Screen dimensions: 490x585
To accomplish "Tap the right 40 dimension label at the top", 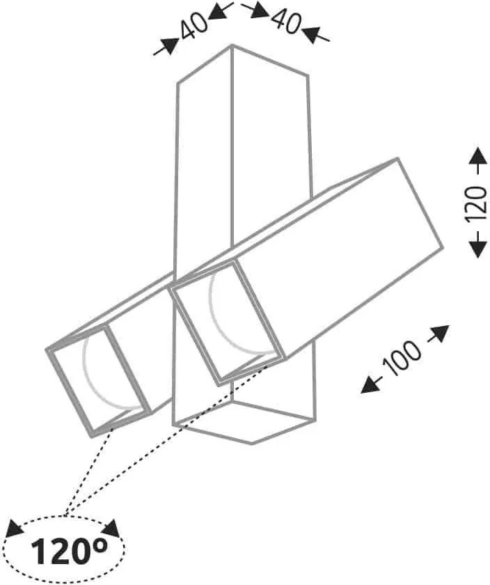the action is [x=285, y=22].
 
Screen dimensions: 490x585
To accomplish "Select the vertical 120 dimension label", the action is [x=477, y=203].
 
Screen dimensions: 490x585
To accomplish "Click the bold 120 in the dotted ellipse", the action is [x=62, y=550].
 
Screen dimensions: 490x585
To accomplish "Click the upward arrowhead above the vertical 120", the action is [x=477, y=156].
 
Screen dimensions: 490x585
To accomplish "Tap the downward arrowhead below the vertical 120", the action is [x=477, y=249].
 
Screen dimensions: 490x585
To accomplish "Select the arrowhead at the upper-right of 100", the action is [x=440, y=333].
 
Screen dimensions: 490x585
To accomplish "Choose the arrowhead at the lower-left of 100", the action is [x=370, y=385].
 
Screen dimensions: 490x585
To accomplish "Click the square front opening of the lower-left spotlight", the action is [x=99, y=380].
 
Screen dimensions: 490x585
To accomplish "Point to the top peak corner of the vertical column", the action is [x=232, y=45].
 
